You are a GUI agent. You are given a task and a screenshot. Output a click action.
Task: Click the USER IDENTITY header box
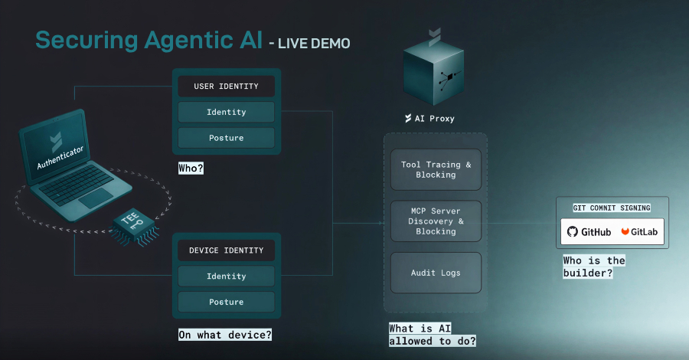226,87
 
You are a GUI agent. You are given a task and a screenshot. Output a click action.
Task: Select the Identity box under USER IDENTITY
226,112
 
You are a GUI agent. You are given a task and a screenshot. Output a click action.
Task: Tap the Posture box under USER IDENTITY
226,138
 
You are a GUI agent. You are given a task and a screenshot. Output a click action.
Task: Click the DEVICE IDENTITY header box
226,250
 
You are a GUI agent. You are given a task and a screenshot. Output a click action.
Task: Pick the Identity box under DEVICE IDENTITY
226,276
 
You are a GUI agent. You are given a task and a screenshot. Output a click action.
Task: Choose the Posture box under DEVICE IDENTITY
226,302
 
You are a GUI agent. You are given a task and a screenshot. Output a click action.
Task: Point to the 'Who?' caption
191,168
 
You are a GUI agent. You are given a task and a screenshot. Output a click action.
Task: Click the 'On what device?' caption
225,335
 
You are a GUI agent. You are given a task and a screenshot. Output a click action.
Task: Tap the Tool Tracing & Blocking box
436,170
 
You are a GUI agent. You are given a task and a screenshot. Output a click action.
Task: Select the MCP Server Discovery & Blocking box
436,221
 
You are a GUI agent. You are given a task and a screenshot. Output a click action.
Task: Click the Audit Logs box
436,273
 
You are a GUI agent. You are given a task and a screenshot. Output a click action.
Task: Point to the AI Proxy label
435,119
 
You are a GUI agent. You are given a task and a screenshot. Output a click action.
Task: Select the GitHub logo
589,231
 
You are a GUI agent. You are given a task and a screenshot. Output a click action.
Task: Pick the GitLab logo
641,231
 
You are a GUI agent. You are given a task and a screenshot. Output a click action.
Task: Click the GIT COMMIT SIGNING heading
612,208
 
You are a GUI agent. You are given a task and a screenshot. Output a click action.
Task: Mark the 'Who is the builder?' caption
593,267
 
